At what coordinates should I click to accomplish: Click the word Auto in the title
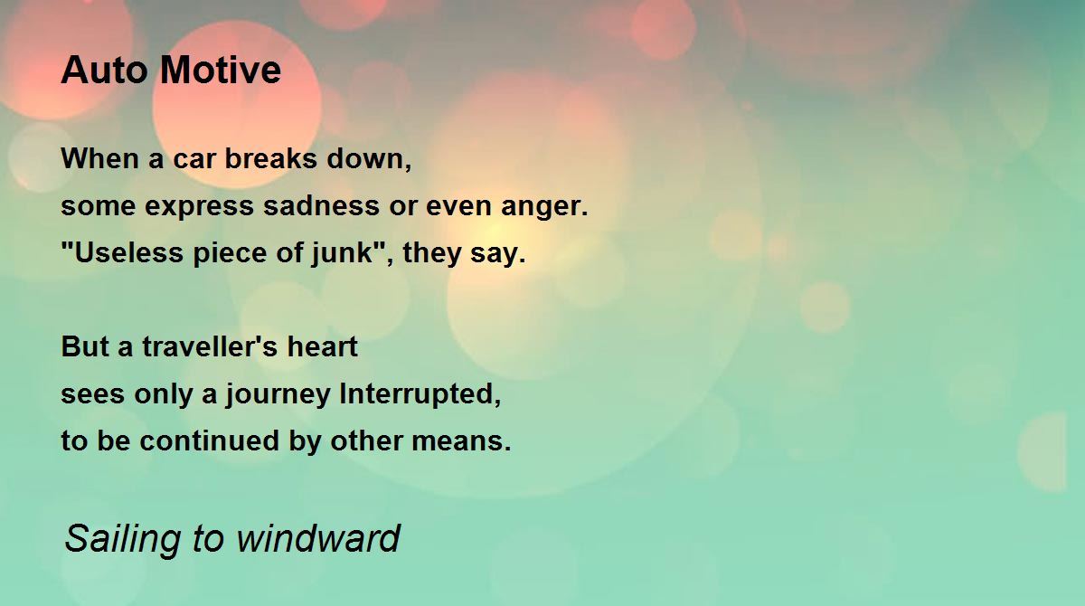pos(104,71)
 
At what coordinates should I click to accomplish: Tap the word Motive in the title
pos(221,71)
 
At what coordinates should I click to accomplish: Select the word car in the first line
pos(193,159)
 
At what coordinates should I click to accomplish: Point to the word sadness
pos(321,206)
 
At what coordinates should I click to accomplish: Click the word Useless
pos(122,253)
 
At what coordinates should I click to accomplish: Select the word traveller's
pos(209,346)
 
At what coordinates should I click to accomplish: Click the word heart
pos(322,346)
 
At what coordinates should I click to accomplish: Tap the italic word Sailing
pos(123,540)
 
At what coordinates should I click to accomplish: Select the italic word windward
pos(317,537)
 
